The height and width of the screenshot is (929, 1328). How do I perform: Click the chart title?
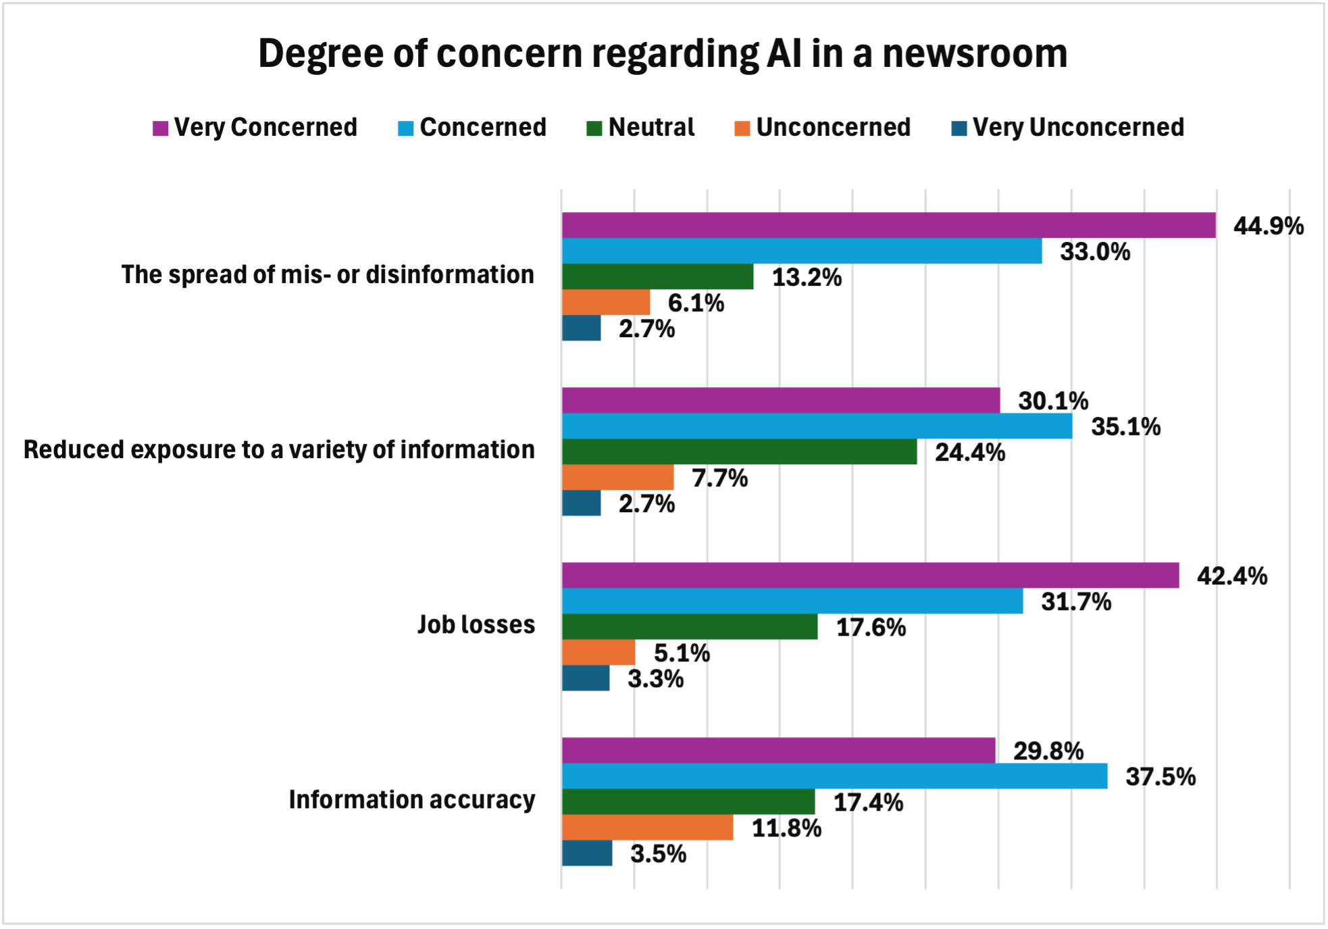pyautogui.click(x=663, y=53)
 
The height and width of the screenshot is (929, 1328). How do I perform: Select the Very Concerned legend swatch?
pyautogui.click(x=160, y=128)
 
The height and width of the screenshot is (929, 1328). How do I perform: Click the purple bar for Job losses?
pyautogui.click(x=870, y=575)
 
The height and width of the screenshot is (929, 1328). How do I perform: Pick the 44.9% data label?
pyautogui.click(x=1268, y=226)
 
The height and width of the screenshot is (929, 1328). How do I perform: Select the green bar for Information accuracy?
pyautogui.click(x=688, y=802)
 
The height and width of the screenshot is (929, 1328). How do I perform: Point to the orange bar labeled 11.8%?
pyautogui.click(x=647, y=828)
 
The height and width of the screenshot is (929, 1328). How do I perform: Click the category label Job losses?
pyautogui.click(x=476, y=625)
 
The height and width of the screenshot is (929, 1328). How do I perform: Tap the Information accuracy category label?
pyautogui.click(x=412, y=800)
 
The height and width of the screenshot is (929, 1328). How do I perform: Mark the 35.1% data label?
pyautogui.click(x=1125, y=427)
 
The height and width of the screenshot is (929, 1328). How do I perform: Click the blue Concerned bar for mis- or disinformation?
pyautogui.click(x=801, y=251)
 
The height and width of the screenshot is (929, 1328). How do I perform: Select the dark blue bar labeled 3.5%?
pyautogui.click(x=587, y=853)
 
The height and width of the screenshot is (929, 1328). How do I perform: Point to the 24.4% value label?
pyautogui.click(x=969, y=453)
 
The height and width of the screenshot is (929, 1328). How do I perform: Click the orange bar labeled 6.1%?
pyautogui.click(x=605, y=303)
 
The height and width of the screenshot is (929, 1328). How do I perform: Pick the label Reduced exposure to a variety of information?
pyautogui.click(x=279, y=450)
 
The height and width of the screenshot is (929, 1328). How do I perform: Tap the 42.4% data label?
pyautogui.click(x=1231, y=576)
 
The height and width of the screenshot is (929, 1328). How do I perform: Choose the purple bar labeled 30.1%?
pyautogui.click(x=780, y=400)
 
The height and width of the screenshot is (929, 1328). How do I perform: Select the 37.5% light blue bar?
pyautogui.click(x=834, y=776)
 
